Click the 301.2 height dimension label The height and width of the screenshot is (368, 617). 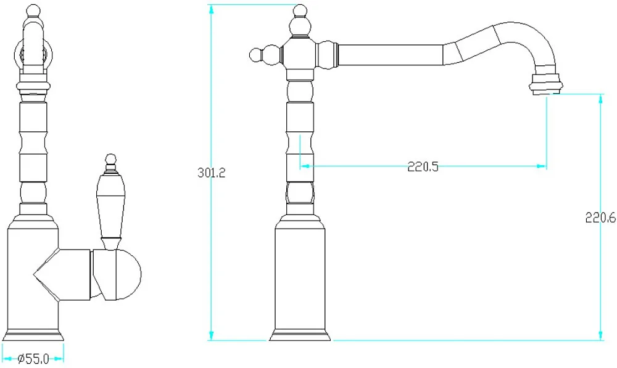(211, 173)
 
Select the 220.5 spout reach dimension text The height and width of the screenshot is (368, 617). (423, 166)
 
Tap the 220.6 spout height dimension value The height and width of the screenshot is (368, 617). (600, 218)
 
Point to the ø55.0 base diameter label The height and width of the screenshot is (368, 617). (33, 359)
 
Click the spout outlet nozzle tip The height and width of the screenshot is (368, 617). (546, 84)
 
